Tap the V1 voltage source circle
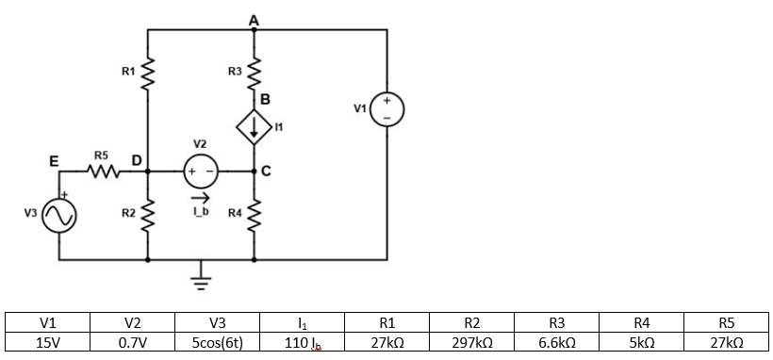[x=387, y=108]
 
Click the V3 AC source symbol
[x=58, y=218]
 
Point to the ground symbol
[x=200, y=278]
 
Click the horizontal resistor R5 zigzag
[x=101, y=172]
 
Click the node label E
[x=54, y=161]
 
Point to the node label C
[x=266, y=172]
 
